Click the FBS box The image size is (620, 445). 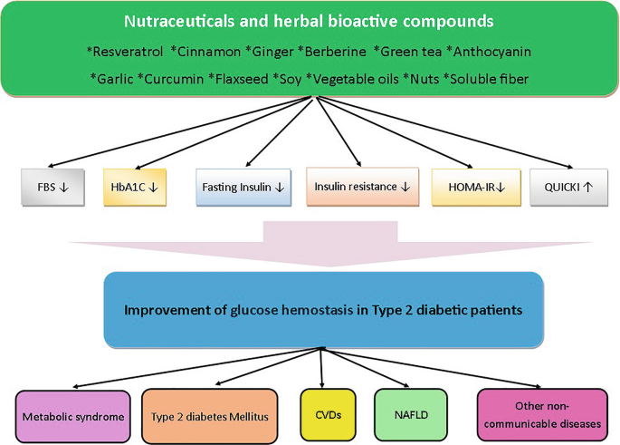[x=52, y=188]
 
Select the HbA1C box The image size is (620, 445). [x=135, y=188]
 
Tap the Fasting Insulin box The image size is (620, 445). [x=243, y=188]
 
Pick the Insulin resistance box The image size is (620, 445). [x=363, y=187]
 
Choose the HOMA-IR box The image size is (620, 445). [x=476, y=188]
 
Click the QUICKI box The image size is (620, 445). [x=569, y=188]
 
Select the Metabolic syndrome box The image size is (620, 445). [x=73, y=417]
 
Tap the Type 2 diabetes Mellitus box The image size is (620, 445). [x=210, y=417]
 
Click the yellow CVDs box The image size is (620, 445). [x=329, y=415]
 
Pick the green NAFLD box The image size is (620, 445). [x=411, y=415]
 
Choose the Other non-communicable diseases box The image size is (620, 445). [x=542, y=415]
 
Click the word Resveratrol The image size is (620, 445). [x=128, y=52]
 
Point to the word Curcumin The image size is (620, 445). [x=174, y=79]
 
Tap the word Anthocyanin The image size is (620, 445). [x=492, y=52]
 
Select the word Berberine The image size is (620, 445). [x=336, y=52]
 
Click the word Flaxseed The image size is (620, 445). [x=242, y=79]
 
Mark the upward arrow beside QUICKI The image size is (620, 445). [x=588, y=187]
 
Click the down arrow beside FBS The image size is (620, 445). [x=63, y=188]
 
